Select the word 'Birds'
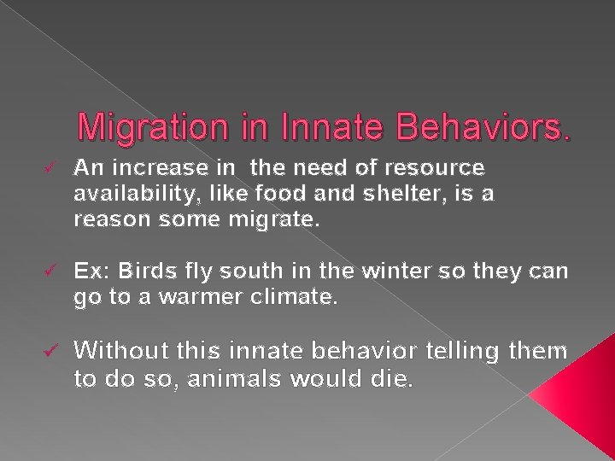(146, 271)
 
